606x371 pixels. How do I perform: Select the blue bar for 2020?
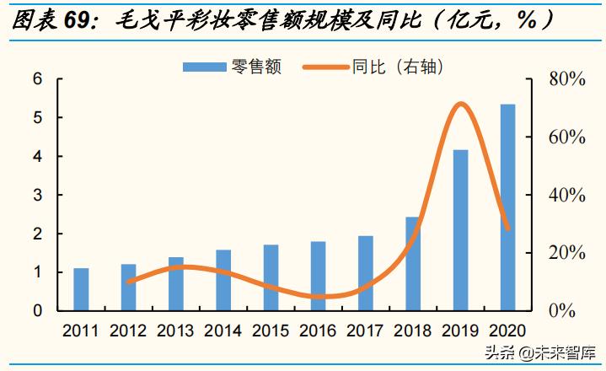click(507, 207)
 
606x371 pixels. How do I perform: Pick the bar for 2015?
click(271, 277)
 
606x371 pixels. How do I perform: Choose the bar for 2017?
click(365, 273)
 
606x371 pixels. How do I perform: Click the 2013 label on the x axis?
click(175, 331)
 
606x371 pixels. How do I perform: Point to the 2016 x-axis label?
click(318, 331)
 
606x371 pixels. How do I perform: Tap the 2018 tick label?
click(413, 331)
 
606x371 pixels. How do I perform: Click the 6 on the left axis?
click(37, 79)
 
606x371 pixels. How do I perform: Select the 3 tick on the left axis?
click(37, 195)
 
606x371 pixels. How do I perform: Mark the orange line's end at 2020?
click(507, 229)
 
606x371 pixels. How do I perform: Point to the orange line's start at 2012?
click(128, 282)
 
